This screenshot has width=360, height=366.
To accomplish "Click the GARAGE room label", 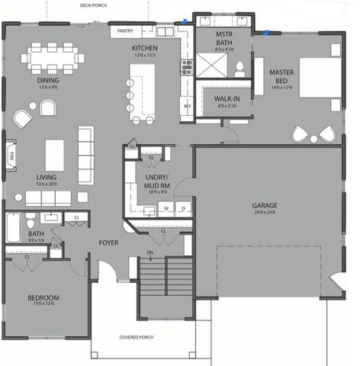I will tap(265, 206).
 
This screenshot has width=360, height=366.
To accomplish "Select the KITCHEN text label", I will tap(144, 47).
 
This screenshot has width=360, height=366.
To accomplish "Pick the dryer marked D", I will tap(184, 207).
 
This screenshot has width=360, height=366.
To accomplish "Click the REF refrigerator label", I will tap(186, 105).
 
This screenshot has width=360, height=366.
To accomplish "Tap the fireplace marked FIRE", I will tap(11, 156).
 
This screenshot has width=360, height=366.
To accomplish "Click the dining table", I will tap(53, 57).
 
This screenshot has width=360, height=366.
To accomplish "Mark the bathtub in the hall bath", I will tap(15, 227).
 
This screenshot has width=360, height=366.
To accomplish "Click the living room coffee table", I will tap(54, 155).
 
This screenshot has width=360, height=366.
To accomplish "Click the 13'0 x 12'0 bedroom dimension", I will tap(43, 304).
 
